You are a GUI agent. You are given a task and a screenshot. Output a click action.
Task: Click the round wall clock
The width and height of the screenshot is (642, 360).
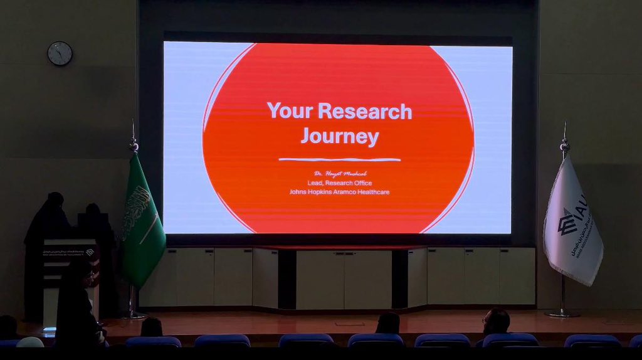click(x=60, y=53)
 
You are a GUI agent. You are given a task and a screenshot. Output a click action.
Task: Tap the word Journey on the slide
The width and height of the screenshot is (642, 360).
click(x=339, y=136)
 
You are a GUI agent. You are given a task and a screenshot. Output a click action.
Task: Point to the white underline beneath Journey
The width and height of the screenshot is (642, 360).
click(x=339, y=159)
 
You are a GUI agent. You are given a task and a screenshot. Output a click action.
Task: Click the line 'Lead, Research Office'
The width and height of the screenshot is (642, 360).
click(x=339, y=183)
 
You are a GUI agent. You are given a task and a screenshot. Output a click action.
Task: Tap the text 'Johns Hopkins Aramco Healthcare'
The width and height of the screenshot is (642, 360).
click(x=339, y=191)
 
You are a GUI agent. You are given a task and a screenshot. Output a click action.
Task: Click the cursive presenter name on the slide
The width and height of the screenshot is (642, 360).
click(x=339, y=173)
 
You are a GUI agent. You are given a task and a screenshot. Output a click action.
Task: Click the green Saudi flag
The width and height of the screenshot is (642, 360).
click(x=142, y=220)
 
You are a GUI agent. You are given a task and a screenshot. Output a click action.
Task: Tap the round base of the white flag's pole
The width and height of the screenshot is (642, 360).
click(x=562, y=313)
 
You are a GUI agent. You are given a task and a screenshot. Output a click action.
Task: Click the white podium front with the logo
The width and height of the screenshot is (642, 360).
click(x=69, y=263)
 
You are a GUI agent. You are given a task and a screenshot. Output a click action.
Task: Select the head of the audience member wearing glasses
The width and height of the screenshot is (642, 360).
click(x=496, y=321)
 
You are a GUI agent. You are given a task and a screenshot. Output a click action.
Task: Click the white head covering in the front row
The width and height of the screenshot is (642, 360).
click(x=29, y=342)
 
